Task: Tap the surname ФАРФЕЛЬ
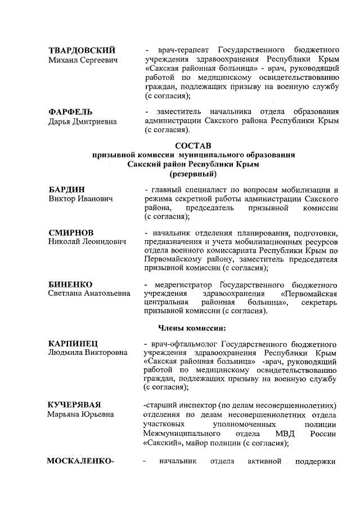coord(70,112)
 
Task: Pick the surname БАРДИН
coord(67,190)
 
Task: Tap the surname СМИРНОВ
coord(71,233)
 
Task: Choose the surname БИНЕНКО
coord(70,285)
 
